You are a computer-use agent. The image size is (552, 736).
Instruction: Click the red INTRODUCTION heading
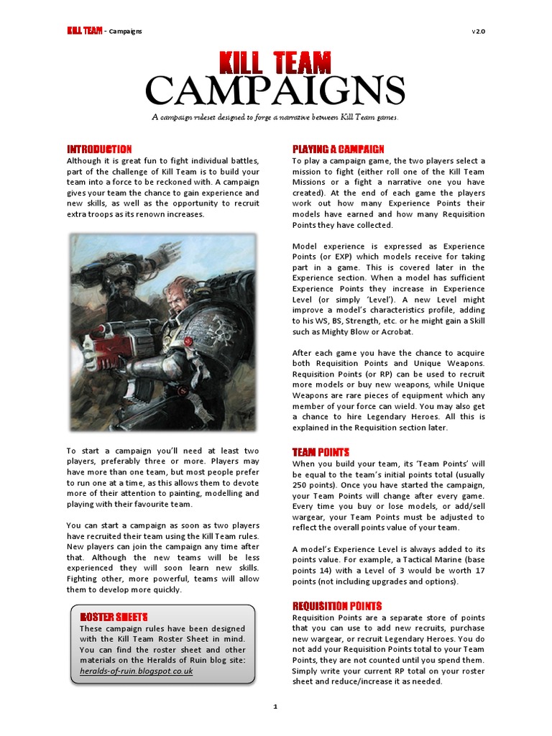click(99, 149)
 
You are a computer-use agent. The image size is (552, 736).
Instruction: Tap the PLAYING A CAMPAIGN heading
click(338, 149)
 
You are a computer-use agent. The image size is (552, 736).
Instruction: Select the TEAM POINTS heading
click(321, 452)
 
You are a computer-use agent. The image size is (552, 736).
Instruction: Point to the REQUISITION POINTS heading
click(337, 606)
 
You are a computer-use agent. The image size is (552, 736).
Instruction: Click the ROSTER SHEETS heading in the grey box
click(114, 617)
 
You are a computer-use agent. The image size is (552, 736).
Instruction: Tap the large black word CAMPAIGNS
click(275, 91)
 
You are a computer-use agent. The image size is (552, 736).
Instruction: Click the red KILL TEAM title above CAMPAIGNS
click(275, 63)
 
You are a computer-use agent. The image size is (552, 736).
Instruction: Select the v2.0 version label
click(479, 32)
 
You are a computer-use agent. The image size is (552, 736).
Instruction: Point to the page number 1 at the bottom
click(275, 707)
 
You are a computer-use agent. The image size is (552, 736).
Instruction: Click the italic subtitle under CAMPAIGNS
click(275, 116)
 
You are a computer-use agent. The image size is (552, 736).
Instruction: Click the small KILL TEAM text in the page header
click(83, 32)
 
